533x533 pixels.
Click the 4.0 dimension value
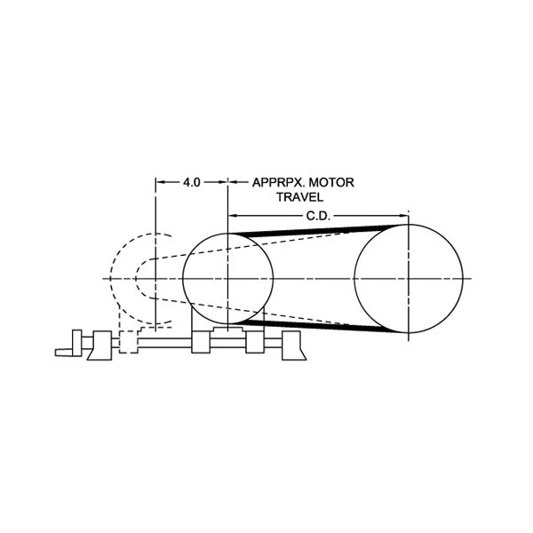[x=192, y=182]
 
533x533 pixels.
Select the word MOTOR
[x=331, y=182]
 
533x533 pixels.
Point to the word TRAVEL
[x=299, y=197]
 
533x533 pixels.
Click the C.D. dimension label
[x=318, y=216]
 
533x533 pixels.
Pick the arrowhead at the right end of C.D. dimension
[x=403, y=216]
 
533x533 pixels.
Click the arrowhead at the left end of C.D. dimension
[x=233, y=216]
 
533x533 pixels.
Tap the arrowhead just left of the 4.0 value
[x=161, y=182]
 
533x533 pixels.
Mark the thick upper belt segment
[x=312, y=230]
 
